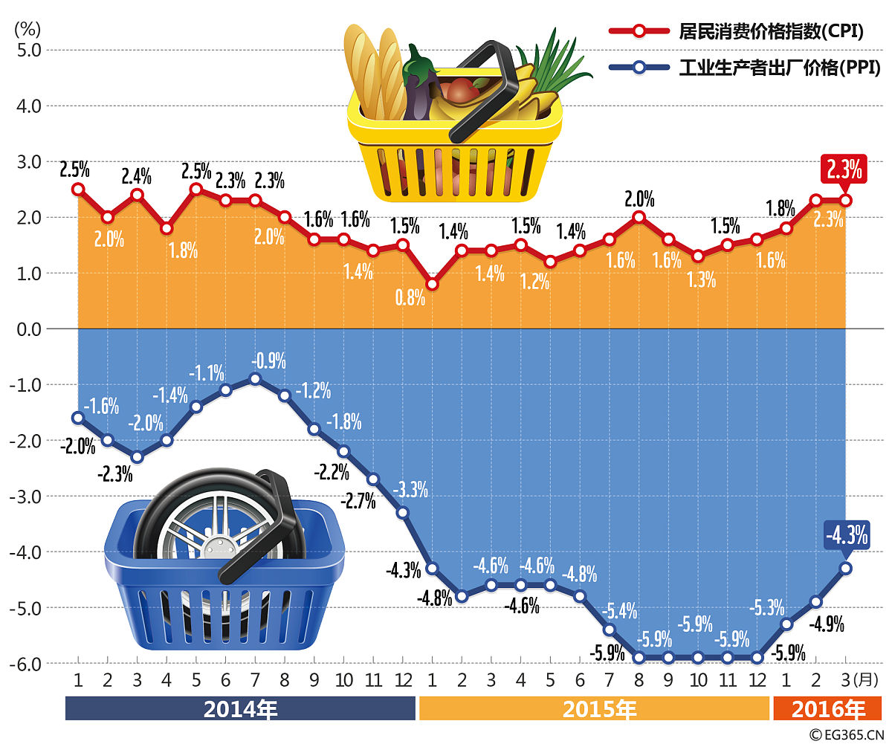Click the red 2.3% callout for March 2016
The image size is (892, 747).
pyautogui.click(x=846, y=169)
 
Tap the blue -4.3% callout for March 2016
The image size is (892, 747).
pyautogui.click(x=847, y=535)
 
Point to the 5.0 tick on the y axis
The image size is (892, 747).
pyautogui.click(x=29, y=51)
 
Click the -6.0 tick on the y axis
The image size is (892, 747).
pyautogui.click(x=28, y=664)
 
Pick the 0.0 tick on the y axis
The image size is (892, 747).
pyautogui.click(x=29, y=329)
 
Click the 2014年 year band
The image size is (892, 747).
pyautogui.click(x=240, y=709)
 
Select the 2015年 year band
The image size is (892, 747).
pyautogui.click(x=594, y=709)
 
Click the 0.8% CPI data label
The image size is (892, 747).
pyautogui.click(x=410, y=299)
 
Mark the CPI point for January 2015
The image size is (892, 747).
pyautogui.click(x=433, y=284)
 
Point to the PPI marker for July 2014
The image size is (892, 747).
pyautogui.click(x=255, y=379)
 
